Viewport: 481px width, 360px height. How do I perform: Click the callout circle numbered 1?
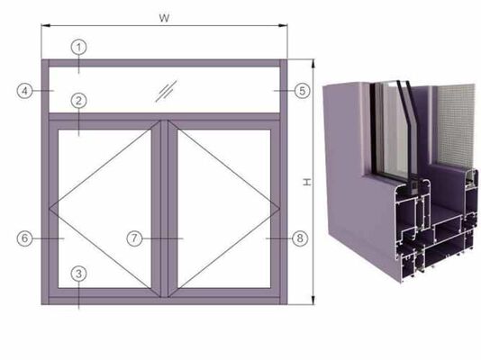(79, 45)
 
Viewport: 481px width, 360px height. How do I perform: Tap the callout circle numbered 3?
(79, 273)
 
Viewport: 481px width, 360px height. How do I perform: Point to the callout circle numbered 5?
(303, 90)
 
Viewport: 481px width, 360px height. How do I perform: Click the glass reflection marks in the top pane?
(167, 90)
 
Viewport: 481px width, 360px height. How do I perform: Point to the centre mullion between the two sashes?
(164, 207)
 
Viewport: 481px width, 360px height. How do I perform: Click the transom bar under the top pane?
(164, 116)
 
